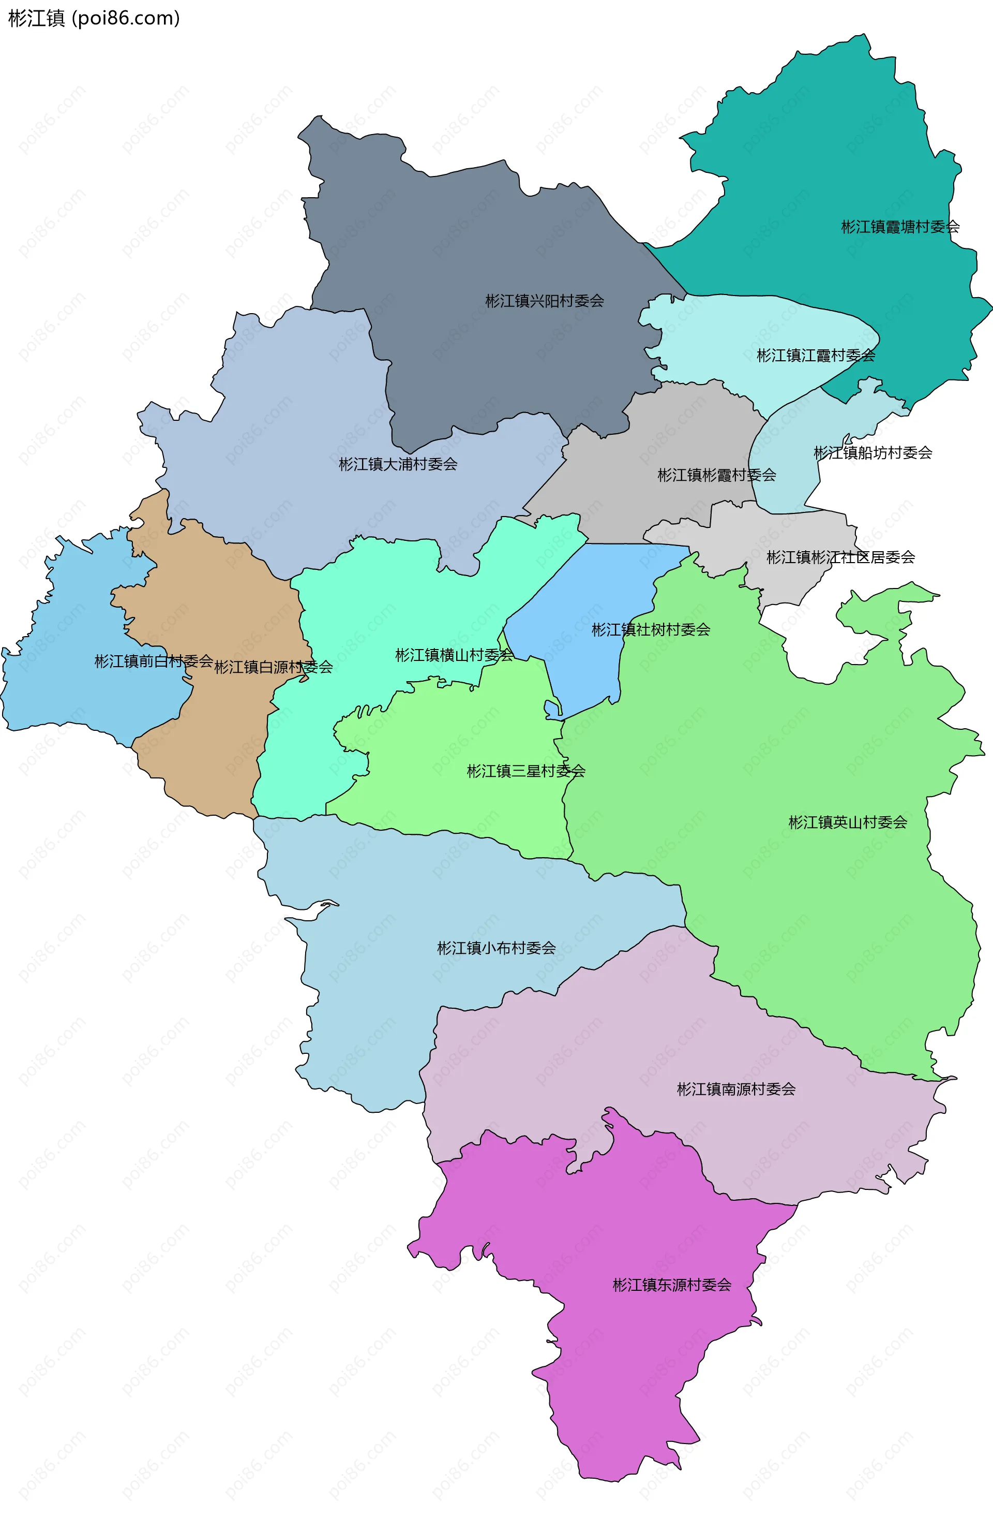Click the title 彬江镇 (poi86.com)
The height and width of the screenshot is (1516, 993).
click(x=94, y=19)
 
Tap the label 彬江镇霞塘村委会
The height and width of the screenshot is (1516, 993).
click(x=900, y=227)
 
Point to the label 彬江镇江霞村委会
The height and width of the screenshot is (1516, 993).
click(x=816, y=356)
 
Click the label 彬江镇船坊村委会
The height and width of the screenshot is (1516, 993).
click(x=872, y=453)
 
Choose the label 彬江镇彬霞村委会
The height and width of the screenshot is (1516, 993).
click(x=717, y=475)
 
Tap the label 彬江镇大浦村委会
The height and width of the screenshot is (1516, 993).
click(x=398, y=464)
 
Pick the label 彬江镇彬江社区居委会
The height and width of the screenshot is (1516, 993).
click(x=840, y=557)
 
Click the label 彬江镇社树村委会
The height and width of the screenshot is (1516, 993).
click(x=651, y=630)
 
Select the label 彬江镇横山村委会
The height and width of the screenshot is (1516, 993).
click(x=454, y=655)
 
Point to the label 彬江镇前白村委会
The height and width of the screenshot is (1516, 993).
click(x=154, y=661)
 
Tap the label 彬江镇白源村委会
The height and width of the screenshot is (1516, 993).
click(x=273, y=667)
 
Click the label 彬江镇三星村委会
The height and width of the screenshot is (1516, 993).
click(x=526, y=771)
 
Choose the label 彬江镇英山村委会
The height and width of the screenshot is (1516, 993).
click(x=847, y=822)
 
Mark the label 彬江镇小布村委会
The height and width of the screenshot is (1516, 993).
click(x=496, y=948)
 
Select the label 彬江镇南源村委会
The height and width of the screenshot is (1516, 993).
click(x=736, y=1089)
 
